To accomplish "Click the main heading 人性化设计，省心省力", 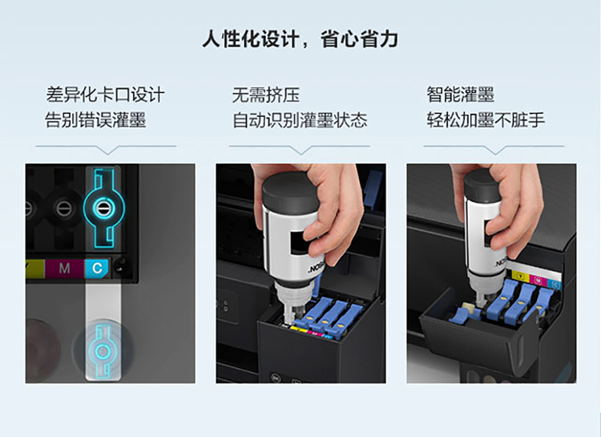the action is (x=300, y=39).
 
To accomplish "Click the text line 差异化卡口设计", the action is (x=106, y=95).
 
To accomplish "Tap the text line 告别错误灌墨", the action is (x=95, y=119).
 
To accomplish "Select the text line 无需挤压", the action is (x=265, y=95).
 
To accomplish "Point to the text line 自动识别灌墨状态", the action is (x=300, y=119).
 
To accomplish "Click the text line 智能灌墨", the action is (x=460, y=95).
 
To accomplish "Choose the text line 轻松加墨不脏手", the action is (x=486, y=119).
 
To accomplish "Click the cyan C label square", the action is (x=97, y=268).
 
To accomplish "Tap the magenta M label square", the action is (x=64, y=268).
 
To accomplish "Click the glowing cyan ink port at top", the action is (x=103, y=208).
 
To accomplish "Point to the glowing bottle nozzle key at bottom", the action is (x=103, y=351).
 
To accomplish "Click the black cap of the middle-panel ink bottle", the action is (x=288, y=191).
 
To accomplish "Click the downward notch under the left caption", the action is (x=107, y=151).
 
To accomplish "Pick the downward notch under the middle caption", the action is (x=300, y=151).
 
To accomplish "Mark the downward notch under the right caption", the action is (x=495, y=151).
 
